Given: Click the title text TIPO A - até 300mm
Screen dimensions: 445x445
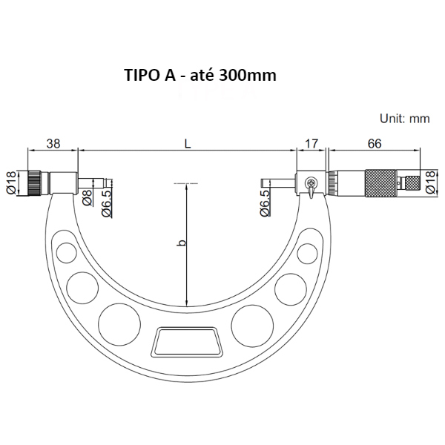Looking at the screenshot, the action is (200, 76).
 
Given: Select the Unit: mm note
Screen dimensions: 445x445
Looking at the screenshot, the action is (405, 119).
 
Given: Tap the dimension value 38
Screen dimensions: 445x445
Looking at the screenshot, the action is (53, 144).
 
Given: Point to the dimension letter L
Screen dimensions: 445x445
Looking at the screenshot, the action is (188, 144).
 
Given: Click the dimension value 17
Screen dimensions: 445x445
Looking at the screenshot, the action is (311, 144).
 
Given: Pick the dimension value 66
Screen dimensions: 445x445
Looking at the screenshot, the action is (375, 144).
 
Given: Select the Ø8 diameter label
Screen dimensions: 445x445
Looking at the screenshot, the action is (87, 197).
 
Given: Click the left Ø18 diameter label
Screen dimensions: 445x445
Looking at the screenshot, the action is (11, 182).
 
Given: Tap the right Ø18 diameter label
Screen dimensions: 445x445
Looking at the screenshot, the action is (430, 182).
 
